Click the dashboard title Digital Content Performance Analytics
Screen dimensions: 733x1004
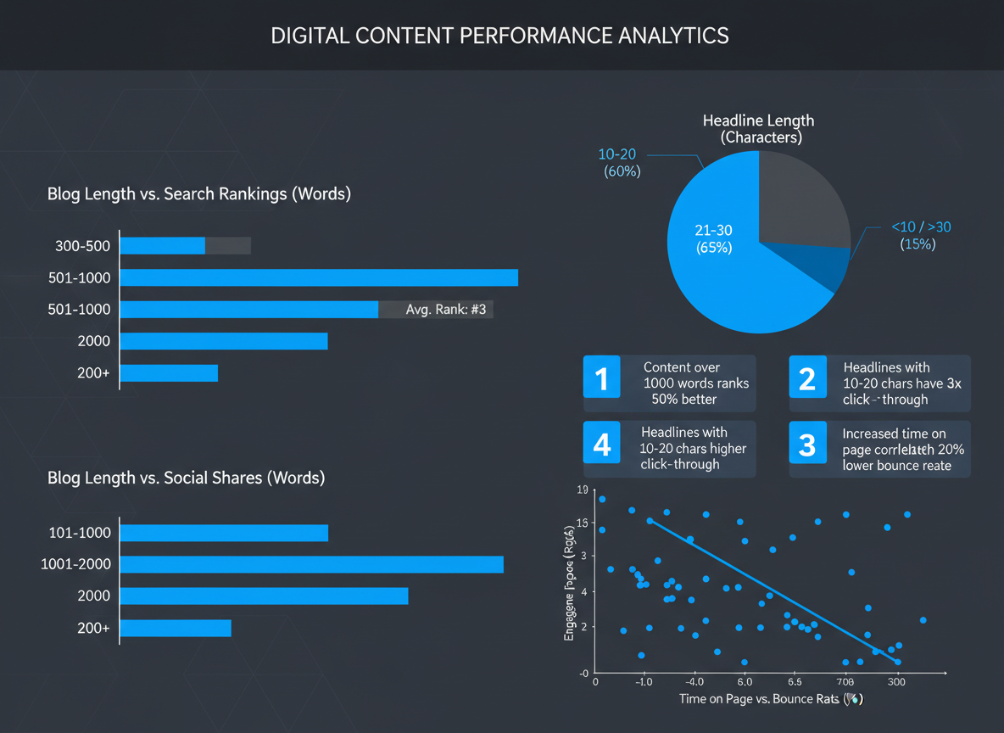coord(499,36)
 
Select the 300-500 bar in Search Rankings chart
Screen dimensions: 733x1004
coord(163,246)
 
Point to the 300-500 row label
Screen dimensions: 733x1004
coord(82,246)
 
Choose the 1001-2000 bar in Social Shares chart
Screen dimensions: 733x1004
coord(311,564)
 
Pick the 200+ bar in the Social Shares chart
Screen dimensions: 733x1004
coord(176,628)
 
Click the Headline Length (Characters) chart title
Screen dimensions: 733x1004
coord(758,129)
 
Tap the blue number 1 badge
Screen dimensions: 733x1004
coord(602,378)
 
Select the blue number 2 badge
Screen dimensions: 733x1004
coord(807,378)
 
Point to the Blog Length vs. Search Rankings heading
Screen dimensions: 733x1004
coord(199,193)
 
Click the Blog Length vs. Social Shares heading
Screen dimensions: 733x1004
coord(187,478)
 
